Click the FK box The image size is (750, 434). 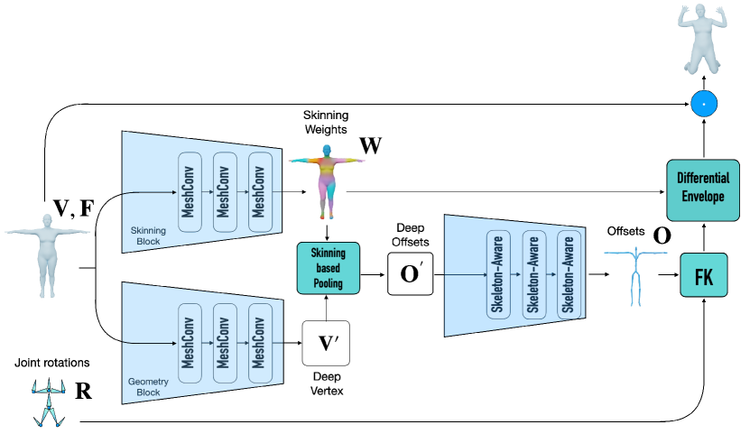pos(703,275)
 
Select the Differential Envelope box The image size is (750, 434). pos(702,189)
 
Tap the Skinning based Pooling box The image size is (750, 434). pos(329,268)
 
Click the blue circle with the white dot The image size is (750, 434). pos(704,105)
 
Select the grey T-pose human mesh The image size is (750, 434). pos(47,254)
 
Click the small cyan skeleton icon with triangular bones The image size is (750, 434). pos(48,402)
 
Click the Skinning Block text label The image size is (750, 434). pos(148,236)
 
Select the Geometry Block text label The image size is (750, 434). pos(148,388)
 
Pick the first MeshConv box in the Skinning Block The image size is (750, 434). pos(190,192)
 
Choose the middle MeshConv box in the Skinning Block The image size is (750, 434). pos(225,192)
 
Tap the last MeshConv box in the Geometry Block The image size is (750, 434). pos(260,343)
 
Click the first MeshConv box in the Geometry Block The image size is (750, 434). pos(190,343)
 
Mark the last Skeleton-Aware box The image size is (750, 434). pos(567,275)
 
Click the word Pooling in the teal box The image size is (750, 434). pos(329,283)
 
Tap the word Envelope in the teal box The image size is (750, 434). pos(702,198)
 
